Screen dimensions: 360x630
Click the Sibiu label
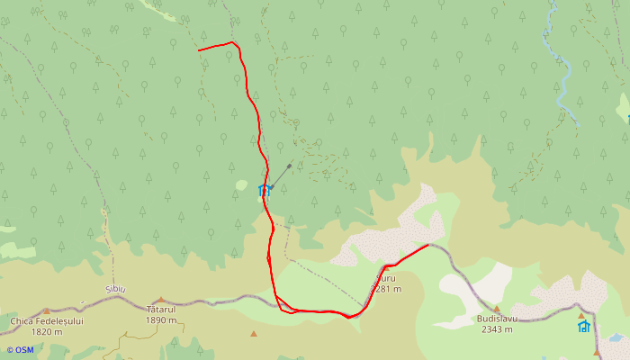[115, 289]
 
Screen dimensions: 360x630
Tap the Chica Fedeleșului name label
[47, 320]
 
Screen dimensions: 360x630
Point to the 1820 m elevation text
[47, 331]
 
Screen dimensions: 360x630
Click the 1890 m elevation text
[161, 320]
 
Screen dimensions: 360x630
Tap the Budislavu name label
[496, 319]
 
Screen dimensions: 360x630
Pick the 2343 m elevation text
[496, 329]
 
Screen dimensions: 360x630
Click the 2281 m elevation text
[386, 289]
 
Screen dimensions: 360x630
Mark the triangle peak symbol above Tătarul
[161, 300]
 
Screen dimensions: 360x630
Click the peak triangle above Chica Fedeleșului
[47, 310]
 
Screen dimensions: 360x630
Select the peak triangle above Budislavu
[495, 308]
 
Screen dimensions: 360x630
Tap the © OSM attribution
[20, 349]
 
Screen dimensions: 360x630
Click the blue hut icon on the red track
[264, 190]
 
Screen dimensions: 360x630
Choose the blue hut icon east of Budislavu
[583, 326]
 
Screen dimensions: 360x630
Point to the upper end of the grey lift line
[289, 165]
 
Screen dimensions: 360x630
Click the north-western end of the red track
[199, 50]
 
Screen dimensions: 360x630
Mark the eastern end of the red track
[427, 245]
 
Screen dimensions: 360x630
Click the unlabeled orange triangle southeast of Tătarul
[254, 334]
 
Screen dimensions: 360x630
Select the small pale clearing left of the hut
[241, 185]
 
